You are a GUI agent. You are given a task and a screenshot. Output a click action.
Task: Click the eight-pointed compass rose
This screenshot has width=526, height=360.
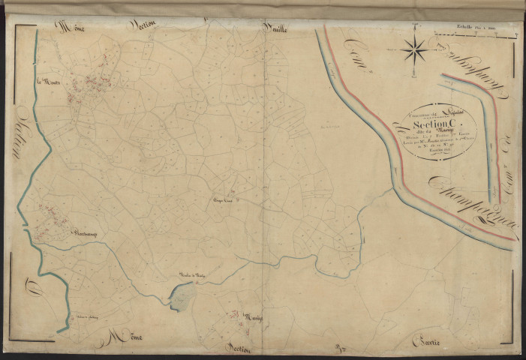[413, 49]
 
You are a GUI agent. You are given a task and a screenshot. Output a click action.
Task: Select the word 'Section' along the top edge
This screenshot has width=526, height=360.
[143, 25]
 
